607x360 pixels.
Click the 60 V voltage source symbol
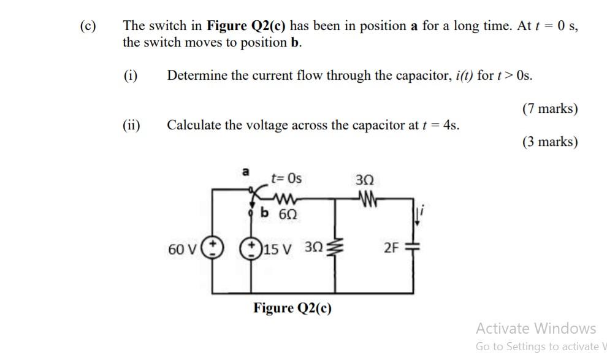click(213, 248)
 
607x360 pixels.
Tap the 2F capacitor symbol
click(412, 248)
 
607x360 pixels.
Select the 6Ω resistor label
click(288, 214)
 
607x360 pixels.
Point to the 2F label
click(391, 248)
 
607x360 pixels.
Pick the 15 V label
click(278, 248)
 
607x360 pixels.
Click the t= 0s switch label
click(286, 178)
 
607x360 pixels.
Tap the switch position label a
click(246, 172)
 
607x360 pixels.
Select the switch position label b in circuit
click(265, 213)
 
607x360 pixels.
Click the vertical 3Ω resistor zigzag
click(334, 248)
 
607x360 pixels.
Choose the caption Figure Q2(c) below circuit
click(292, 307)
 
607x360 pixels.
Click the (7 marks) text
click(549, 109)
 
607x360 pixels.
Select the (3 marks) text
click(549, 142)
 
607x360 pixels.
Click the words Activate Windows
click(535, 328)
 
